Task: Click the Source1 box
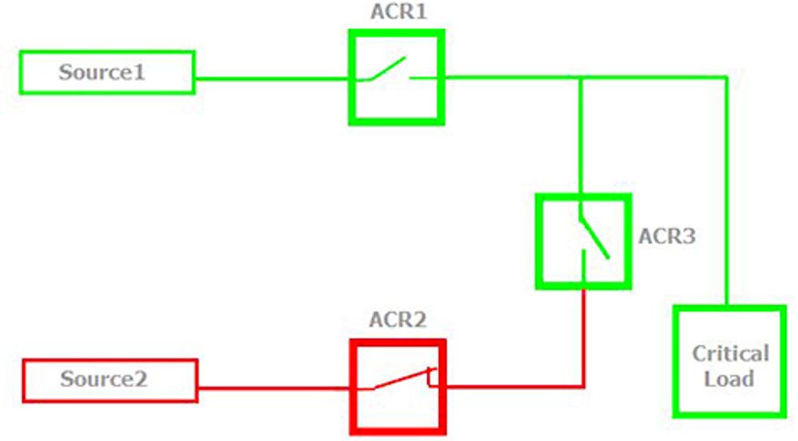[x=107, y=73]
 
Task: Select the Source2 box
[x=110, y=380]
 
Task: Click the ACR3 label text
[x=667, y=237]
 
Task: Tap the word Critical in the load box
[x=730, y=353]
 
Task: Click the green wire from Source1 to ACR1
[x=271, y=79]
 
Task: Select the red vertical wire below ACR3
[x=583, y=335]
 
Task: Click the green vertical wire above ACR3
[x=580, y=136]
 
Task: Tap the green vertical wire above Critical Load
[x=726, y=191]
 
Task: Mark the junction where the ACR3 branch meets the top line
[x=580, y=77]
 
